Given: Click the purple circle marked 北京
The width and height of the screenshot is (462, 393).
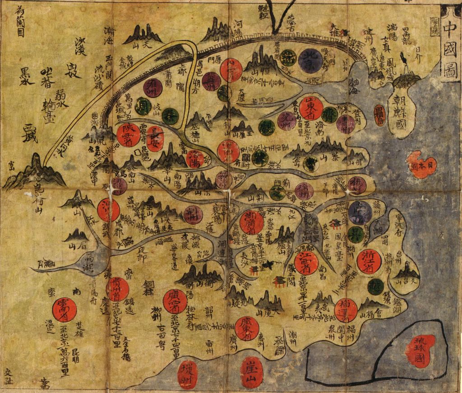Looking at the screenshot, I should pos(310,60).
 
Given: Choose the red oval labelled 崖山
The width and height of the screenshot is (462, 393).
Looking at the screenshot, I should pos(252,373).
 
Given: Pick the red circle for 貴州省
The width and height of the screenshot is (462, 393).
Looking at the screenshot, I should pos(117,289).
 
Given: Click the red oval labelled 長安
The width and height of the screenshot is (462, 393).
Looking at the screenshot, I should pos(155,138).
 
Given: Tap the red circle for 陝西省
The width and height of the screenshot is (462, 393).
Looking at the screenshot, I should pos(128,134).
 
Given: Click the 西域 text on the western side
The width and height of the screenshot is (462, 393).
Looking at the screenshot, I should pos(30,127).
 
